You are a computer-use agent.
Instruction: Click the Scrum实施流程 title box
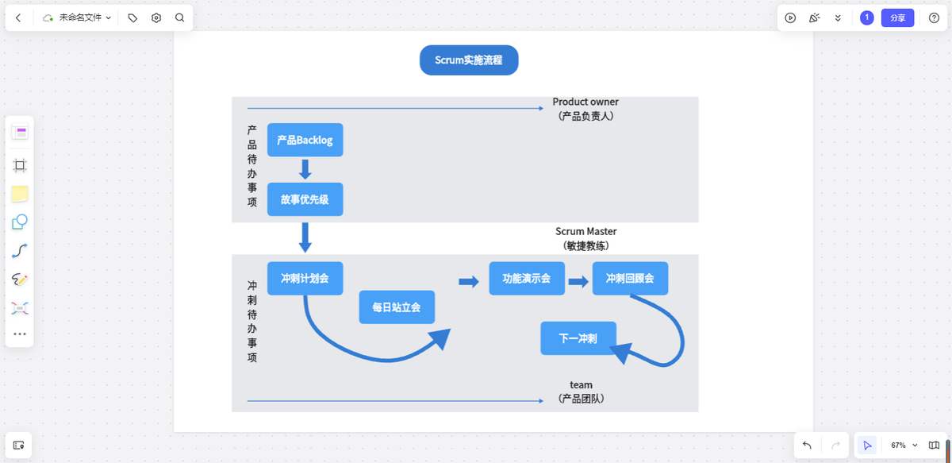coord(468,60)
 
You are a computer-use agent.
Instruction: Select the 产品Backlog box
coord(305,140)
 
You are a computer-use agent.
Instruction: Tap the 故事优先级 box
coord(305,199)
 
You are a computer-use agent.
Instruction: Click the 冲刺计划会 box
coord(305,279)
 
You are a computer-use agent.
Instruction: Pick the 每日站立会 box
coord(397,307)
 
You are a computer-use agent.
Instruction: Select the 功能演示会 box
coord(527,279)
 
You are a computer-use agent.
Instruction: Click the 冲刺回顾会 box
coord(630,279)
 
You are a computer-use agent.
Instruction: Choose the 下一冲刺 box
coord(578,338)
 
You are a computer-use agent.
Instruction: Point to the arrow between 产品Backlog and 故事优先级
coord(305,169)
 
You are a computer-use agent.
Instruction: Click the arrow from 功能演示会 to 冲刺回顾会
coord(578,281)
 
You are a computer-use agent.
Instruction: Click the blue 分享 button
coord(897,17)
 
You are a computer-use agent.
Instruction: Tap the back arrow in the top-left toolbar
coord(18,17)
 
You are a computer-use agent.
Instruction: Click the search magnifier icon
coord(180,17)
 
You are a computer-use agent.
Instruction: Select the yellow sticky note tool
coord(20,194)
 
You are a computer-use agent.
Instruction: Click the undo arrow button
coord(807,446)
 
